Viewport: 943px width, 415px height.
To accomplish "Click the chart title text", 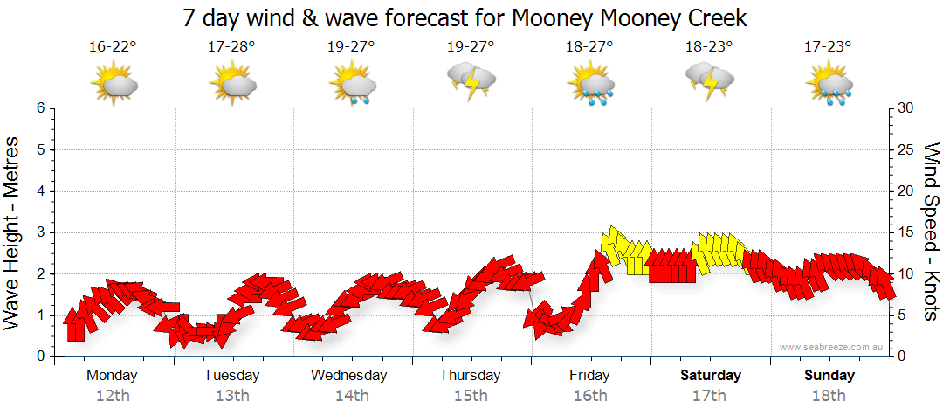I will click(x=466, y=17).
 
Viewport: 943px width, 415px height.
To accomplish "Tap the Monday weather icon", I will click(x=114, y=83).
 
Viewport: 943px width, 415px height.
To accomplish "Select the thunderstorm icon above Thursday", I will click(x=471, y=81).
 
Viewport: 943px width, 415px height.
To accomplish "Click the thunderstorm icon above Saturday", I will click(x=709, y=81).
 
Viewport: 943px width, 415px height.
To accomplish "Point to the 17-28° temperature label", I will click(x=231, y=47).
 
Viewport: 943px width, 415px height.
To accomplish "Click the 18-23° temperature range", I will click(x=709, y=47).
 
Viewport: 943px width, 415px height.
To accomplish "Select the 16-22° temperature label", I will click(x=113, y=47).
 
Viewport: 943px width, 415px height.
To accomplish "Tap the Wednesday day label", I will click(x=349, y=376).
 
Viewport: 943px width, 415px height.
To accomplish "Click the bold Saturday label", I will click(x=710, y=376).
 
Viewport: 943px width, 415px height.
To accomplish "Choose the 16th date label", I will click(x=590, y=395).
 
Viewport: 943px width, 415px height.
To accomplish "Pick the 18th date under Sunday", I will click(x=829, y=395).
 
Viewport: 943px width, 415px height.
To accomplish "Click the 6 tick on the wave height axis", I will click(x=40, y=108).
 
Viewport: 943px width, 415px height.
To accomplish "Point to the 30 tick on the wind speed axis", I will click(x=906, y=108).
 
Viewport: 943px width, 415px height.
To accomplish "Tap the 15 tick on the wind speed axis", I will click(x=906, y=232).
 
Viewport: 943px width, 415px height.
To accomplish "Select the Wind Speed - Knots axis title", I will click(x=931, y=232).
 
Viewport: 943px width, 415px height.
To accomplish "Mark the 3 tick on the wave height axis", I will click(x=40, y=232).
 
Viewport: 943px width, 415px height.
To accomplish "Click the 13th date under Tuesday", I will click(x=231, y=395).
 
